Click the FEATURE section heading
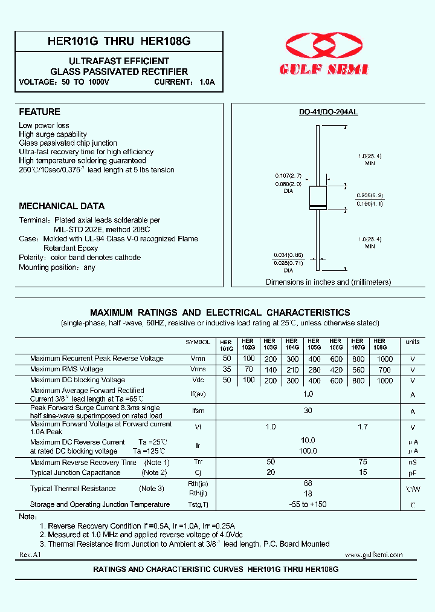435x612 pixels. pos(40,112)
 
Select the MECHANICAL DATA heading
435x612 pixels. pos(62,206)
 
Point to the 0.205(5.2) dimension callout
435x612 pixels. pos(370,195)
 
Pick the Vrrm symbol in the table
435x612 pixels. pos(198,359)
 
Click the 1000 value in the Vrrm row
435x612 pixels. pos(384,359)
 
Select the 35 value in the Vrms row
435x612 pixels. pos(227,369)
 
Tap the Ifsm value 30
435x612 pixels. pos(308,411)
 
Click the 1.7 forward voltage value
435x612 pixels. pos(362,427)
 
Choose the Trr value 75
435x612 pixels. pos(362,462)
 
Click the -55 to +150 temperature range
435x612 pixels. pos(308,504)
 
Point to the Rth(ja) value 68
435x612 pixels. pos(308,483)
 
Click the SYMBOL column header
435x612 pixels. pos(198,342)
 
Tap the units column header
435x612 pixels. pos(413,342)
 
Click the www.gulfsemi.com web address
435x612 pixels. pos(373,555)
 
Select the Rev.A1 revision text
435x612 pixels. pos(29,555)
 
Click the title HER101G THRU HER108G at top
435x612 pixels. pos(119,42)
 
